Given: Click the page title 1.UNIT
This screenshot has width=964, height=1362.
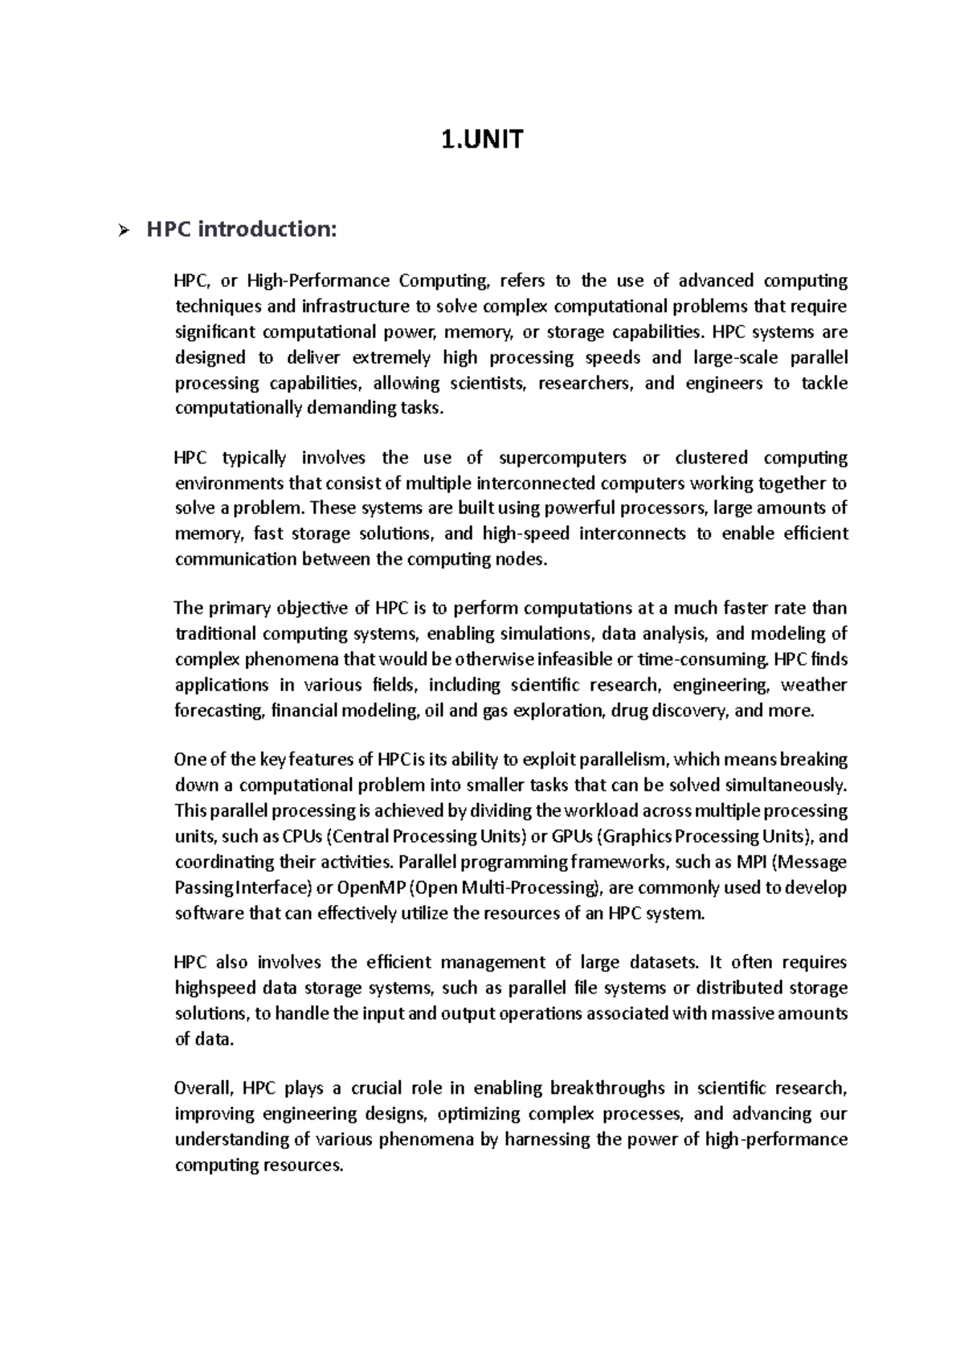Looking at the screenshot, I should [482, 141].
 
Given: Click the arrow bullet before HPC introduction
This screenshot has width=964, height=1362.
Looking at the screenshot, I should [122, 232].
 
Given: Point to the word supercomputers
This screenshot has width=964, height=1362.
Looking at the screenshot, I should [562, 458].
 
